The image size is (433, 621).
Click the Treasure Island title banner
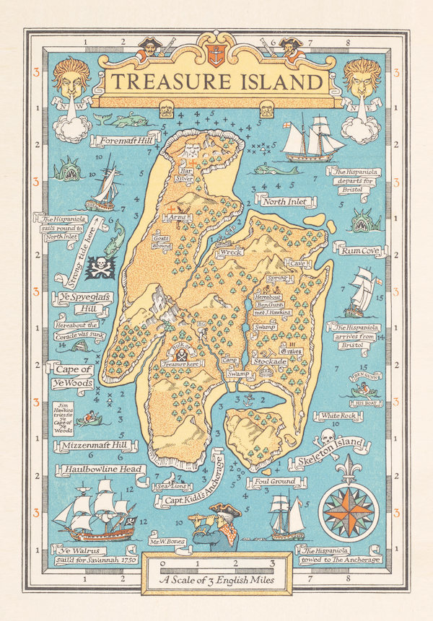[x=216, y=82]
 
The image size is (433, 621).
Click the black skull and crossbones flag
[x=99, y=268]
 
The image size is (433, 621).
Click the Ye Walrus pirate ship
[x=94, y=514]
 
